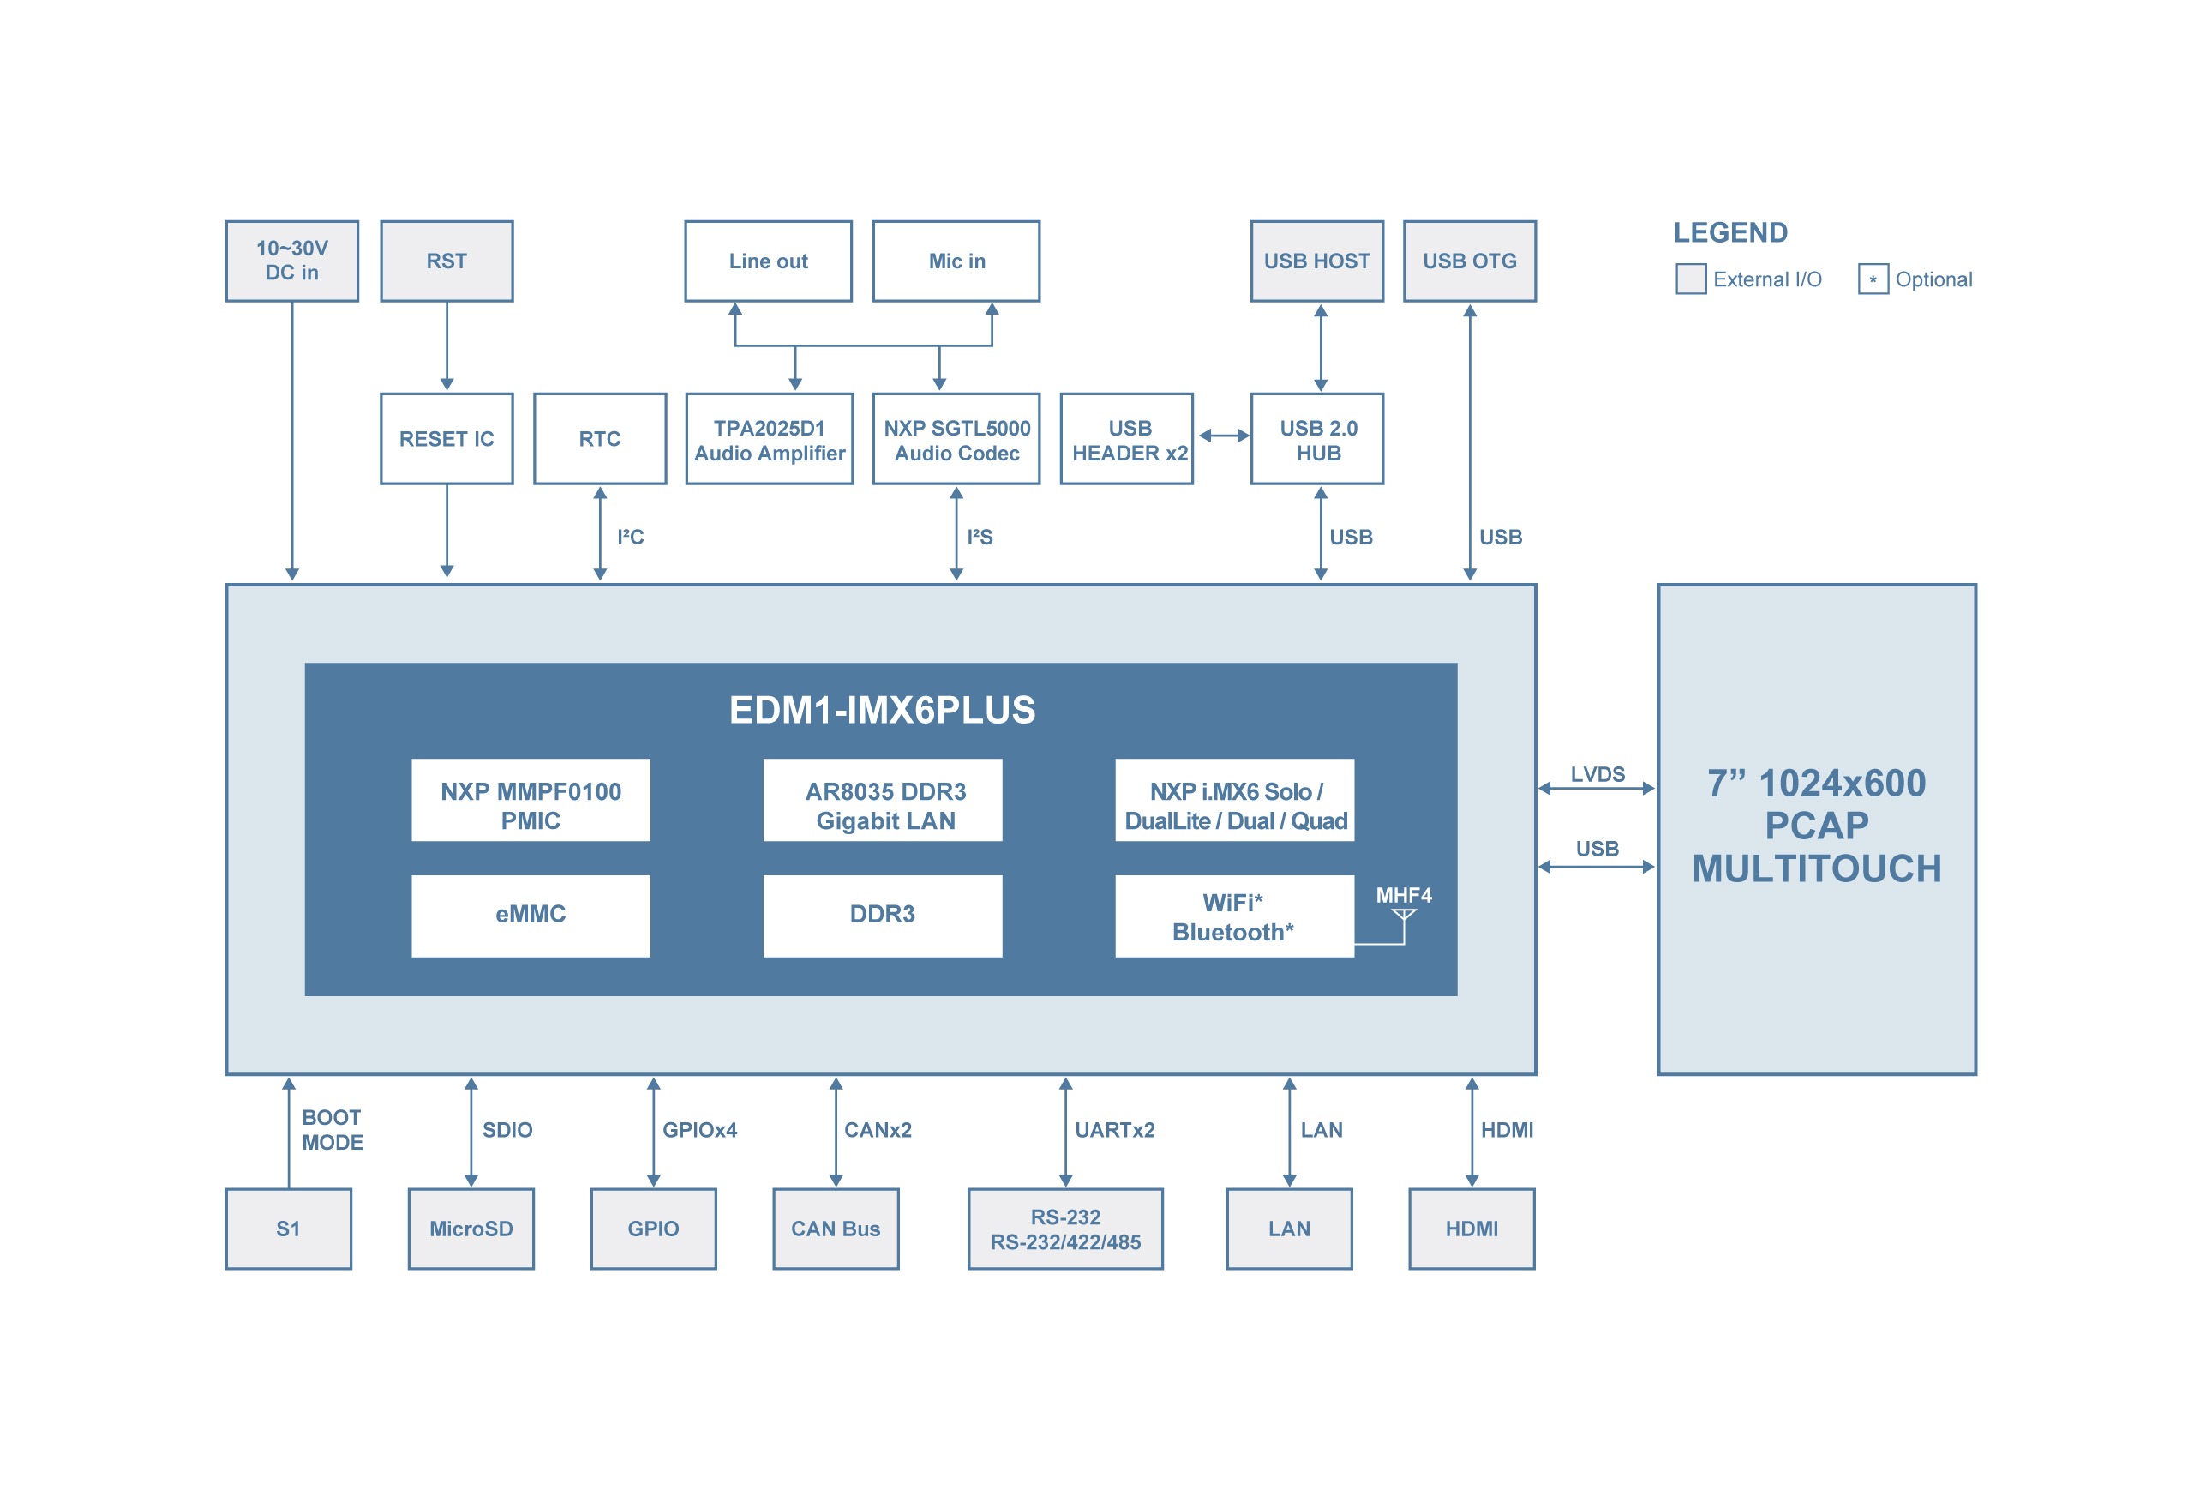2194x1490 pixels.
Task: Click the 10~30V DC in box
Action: point(291,261)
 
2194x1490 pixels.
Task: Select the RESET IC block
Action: point(447,439)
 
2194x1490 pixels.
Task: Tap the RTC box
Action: point(599,439)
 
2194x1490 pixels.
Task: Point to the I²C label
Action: point(630,538)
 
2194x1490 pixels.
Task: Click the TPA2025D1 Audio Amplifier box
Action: point(770,440)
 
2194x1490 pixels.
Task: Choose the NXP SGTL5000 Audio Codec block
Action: point(956,440)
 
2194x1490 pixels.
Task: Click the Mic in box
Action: point(956,261)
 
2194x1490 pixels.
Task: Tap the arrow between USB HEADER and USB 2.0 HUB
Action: point(1224,436)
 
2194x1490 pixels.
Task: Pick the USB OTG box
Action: point(1470,261)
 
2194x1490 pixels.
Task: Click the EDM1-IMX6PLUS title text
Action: point(882,710)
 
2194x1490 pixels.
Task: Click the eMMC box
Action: point(531,915)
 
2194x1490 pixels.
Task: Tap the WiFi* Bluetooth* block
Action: point(1234,916)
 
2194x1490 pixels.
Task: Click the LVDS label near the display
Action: point(1598,774)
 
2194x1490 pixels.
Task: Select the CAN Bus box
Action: point(836,1229)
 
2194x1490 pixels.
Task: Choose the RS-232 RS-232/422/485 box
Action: point(1065,1229)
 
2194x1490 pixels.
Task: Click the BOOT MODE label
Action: point(333,1129)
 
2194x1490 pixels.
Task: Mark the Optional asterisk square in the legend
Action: point(1873,279)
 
